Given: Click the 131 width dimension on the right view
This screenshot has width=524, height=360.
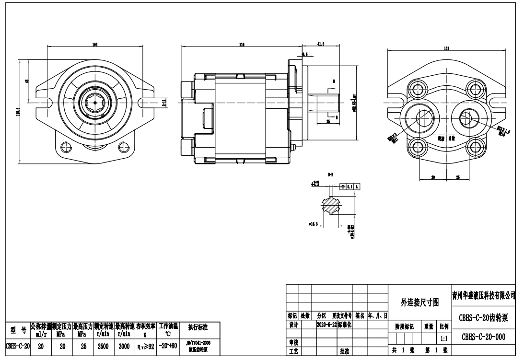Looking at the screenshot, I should (446, 48).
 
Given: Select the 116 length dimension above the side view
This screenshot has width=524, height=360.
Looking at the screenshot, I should (242, 44).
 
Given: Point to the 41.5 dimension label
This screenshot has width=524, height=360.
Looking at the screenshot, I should (321, 44).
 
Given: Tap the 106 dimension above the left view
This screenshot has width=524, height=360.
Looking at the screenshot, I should (95, 44).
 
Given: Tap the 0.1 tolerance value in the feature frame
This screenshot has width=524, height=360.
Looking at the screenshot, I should (350, 186).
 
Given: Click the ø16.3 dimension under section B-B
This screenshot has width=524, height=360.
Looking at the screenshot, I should (314, 223).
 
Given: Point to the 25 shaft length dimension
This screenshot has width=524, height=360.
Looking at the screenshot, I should (328, 122).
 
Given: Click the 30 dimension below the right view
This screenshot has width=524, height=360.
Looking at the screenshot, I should (432, 177).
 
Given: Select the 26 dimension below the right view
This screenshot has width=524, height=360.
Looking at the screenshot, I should (458, 177).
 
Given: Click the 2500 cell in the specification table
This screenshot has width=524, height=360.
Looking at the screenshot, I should (103, 345).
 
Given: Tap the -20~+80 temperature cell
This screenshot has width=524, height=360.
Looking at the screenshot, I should (168, 345).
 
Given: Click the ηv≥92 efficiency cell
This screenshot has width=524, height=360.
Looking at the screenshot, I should (146, 345).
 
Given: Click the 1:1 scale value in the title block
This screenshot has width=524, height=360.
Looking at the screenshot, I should (442, 338).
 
